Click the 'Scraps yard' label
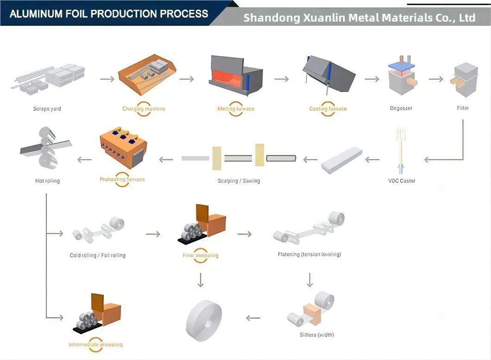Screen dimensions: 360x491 (47, 109)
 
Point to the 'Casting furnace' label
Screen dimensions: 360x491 (327, 109)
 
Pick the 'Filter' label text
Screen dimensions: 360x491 (462, 108)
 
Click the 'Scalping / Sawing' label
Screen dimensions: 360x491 (239, 181)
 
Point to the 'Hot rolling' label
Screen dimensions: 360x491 (47, 181)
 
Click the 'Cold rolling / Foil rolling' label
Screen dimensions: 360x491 (97, 255)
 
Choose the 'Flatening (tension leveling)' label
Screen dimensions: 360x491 (309, 254)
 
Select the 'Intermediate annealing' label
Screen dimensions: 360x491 (95, 345)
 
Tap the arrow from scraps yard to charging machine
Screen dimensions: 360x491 (107, 79)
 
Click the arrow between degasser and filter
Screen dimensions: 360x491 (435, 79)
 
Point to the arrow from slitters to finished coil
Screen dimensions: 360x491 (253, 318)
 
